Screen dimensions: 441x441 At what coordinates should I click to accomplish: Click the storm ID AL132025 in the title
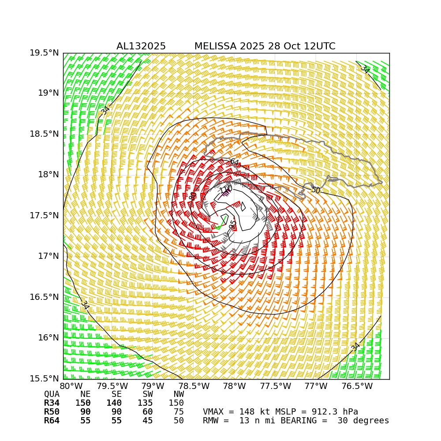click(x=141, y=46)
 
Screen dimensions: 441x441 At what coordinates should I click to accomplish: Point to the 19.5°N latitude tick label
click(x=44, y=53)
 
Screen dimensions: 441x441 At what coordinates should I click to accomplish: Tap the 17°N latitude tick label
click(x=47, y=256)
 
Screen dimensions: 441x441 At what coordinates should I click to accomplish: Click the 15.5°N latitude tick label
click(x=44, y=378)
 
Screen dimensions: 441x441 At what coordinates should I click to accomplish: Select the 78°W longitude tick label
click(x=234, y=387)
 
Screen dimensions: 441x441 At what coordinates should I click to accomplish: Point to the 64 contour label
click(x=234, y=162)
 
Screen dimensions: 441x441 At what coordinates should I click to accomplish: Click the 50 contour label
click(x=316, y=190)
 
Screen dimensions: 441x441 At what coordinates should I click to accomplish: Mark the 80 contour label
click(x=193, y=196)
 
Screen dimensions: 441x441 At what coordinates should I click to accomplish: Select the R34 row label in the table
click(x=52, y=403)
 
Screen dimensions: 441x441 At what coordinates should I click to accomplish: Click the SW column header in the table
click(x=148, y=394)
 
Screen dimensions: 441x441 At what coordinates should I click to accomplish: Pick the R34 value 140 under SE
click(x=114, y=403)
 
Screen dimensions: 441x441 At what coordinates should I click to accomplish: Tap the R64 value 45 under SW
click(x=148, y=421)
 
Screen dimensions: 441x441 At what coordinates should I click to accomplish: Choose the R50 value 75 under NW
click(x=179, y=412)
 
